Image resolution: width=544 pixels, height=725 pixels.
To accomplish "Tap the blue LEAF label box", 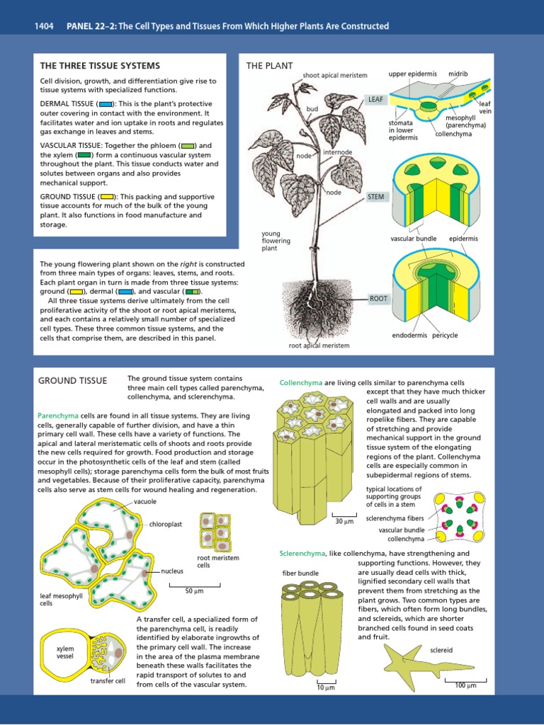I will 375,100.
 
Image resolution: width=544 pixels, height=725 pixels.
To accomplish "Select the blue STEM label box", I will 375,196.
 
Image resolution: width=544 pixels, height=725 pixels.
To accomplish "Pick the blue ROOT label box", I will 378,298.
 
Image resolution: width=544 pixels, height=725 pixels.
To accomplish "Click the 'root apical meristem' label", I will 319,346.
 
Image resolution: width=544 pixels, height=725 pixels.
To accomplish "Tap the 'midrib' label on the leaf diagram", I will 458,74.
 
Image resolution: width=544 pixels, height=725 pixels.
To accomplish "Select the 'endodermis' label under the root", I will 409,335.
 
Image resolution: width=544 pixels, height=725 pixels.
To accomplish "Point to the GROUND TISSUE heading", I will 72,381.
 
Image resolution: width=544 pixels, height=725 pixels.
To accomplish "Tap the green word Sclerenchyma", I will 302,553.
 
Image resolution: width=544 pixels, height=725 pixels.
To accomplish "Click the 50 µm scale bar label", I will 194,590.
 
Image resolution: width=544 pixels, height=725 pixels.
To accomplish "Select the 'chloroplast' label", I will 166,525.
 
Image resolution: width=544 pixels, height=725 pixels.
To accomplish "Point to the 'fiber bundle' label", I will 300,573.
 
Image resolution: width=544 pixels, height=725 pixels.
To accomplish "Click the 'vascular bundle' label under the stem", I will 414,239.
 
